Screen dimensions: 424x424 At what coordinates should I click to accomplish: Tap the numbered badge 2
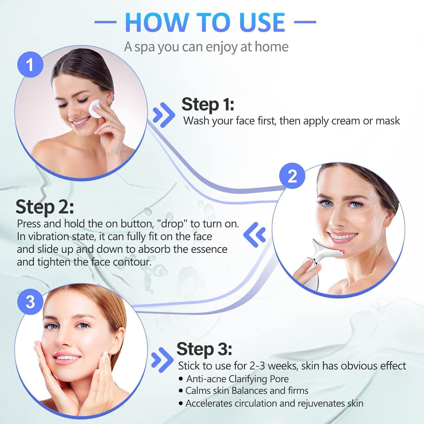[x=292, y=176]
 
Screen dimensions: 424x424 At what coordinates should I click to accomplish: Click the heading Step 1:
[x=208, y=104]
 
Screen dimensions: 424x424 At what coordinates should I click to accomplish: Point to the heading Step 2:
[x=45, y=207]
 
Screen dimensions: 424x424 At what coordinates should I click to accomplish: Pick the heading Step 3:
[x=204, y=349]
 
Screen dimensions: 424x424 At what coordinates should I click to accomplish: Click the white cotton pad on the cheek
[x=96, y=109]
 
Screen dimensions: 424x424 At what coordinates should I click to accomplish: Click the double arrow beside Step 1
[x=163, y=115]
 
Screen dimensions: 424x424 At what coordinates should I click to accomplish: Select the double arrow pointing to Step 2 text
[x=255, y=234]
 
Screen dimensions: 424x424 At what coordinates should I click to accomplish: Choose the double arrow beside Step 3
[x=162, y=360]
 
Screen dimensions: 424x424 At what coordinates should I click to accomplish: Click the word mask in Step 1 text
[x=387, y=121]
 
